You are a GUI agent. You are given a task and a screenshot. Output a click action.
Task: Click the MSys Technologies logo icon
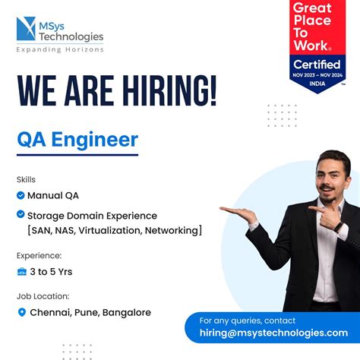(x=27, y=30)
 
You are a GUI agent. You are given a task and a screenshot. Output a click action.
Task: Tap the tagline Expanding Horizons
(x=60, y=50)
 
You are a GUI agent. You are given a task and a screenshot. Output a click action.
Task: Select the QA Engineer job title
(x=77, y=140)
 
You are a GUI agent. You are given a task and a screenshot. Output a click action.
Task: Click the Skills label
(x=26, y=179)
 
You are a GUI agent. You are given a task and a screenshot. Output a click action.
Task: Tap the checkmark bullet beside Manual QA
(x=21, y=195)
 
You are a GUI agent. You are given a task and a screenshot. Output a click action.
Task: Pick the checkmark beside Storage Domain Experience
(x=21, y=215)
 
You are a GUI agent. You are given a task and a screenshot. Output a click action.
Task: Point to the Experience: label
(x=39, y=255)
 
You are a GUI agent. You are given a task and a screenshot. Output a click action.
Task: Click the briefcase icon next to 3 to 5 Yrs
(x=21, y=271)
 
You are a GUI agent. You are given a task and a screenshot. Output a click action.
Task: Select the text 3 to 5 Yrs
(x=52, y=271)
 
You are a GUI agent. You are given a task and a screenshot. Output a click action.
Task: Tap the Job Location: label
(x=43, y=296)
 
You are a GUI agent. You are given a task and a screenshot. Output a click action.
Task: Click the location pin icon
(x=21, y=312)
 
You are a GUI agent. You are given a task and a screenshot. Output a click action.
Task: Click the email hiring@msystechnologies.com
(x=273, y=333)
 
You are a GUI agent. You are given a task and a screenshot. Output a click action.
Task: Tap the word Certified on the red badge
(x=317, y=65)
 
